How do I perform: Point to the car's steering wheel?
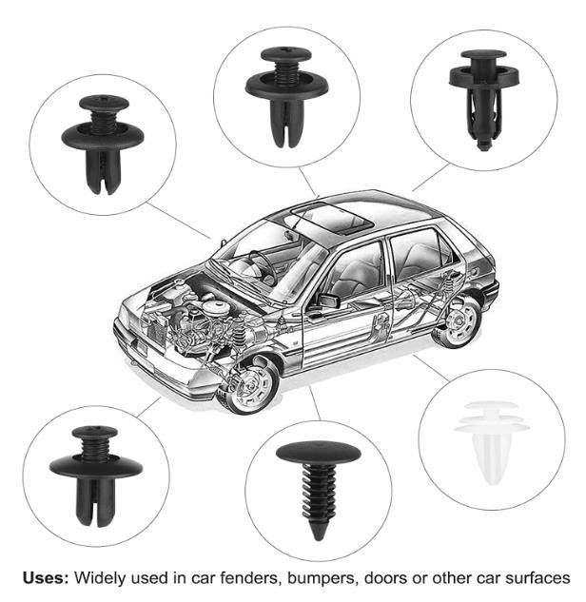click(263, 265)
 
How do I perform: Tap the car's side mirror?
click(327, 301)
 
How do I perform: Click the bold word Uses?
click(46, 577)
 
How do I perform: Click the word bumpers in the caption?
click(323, 578)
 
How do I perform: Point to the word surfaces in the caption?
click(537, 577)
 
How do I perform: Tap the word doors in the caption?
click(387, 577)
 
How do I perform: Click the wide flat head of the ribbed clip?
click(319, 453)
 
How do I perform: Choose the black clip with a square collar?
click(484, 100)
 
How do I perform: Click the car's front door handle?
click(314, 316)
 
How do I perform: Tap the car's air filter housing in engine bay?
click(216, 308)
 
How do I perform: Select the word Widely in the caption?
click(102, 578)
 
